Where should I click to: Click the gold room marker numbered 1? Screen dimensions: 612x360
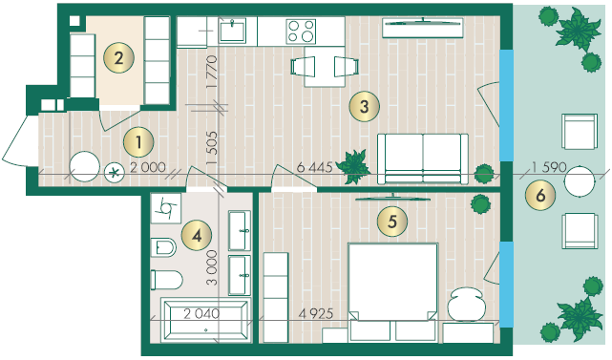138,142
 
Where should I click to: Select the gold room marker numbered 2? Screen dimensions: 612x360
118,58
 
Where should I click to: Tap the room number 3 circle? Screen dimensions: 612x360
364,106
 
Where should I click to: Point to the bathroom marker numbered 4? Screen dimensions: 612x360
197,236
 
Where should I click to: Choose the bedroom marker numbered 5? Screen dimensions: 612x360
392,222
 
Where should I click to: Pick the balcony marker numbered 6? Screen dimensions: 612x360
540,195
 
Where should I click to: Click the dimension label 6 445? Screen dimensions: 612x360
314,167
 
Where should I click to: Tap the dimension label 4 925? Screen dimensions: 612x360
316,313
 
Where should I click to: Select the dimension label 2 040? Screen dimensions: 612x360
201,313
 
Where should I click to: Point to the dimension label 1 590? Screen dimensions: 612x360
549,167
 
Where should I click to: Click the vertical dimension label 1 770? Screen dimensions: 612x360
211,73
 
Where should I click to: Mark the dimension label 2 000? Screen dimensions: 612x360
148,167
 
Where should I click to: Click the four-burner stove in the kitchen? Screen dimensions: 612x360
301,32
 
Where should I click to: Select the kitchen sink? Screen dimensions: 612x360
232,32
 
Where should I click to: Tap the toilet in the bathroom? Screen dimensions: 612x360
167,280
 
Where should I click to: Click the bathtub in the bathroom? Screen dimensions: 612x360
205,319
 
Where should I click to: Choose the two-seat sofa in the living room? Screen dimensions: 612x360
423,159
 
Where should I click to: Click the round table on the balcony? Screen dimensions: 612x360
580,181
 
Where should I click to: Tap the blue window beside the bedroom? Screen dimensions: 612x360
506,285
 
